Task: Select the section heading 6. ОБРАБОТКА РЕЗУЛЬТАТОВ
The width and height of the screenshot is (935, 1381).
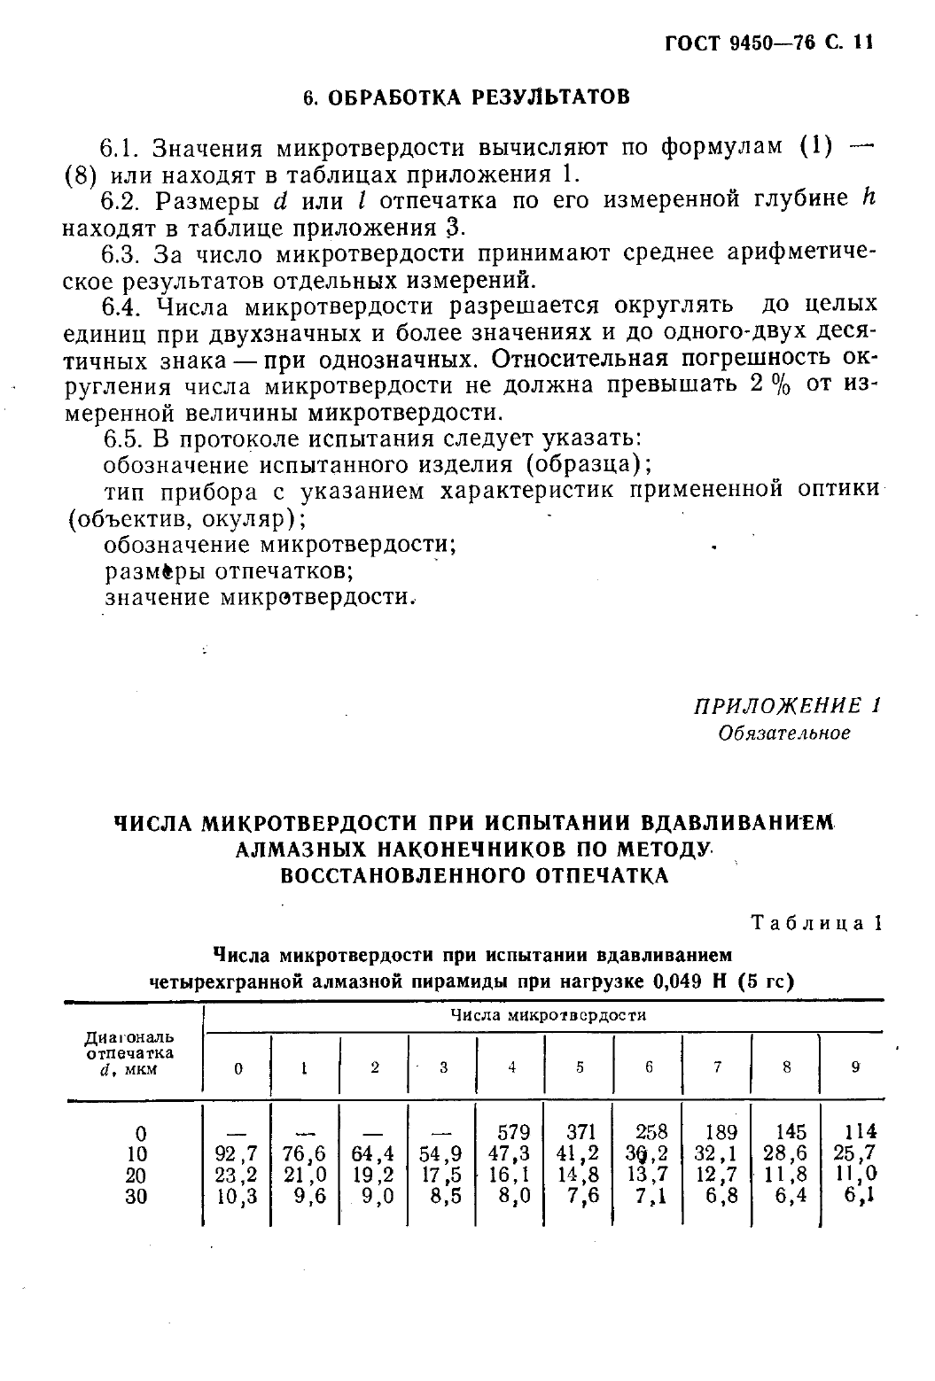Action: [x=466, y=97]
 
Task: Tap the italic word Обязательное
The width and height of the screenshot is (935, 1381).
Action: [x=784, y=733]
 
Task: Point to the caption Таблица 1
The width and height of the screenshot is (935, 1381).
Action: [x=816, y=922]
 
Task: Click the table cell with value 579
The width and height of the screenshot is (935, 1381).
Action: [x=513, y=1132]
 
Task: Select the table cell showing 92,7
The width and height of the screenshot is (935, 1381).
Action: [x=236, y=1153]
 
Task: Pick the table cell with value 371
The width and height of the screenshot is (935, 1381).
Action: [x=581, y=1132]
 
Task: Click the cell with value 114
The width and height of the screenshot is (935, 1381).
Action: [x=859, y=1132]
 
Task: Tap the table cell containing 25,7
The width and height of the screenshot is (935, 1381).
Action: [x=855, y=1153]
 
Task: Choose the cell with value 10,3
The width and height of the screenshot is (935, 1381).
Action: [x=236, y=1196]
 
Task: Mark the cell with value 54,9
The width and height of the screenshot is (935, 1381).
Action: [x=441, y=1153]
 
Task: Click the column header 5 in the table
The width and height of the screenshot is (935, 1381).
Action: [x=580, y=1067]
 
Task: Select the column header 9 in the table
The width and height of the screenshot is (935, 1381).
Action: [x=855, y=1067]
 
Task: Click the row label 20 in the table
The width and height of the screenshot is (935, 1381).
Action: [x=136, y=1175]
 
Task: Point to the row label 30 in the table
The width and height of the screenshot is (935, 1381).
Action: [x=136, y=1197]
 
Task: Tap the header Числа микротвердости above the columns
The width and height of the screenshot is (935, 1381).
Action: [x=548, y=1015]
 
